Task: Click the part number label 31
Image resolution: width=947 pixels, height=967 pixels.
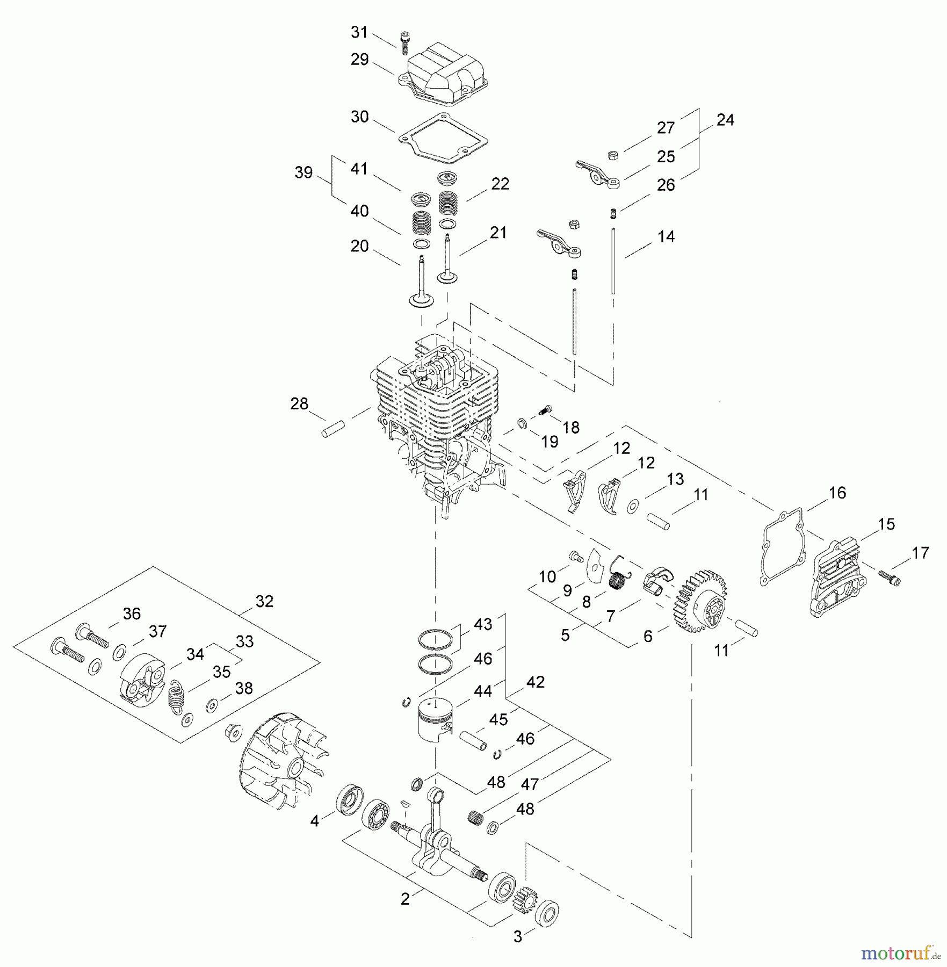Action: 359,33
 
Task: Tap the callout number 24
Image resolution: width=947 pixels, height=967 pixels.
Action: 725,120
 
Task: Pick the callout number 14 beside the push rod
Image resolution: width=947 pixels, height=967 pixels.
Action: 666,236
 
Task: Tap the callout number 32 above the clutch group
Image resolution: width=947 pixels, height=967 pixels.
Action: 264,601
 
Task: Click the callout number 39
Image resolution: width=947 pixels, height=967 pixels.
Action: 303,173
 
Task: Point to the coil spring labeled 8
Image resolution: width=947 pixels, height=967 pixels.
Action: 618,579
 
